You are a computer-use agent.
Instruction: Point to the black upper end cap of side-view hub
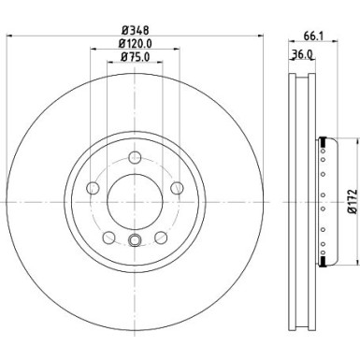point(324,139)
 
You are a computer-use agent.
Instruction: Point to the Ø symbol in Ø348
point(121,27)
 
